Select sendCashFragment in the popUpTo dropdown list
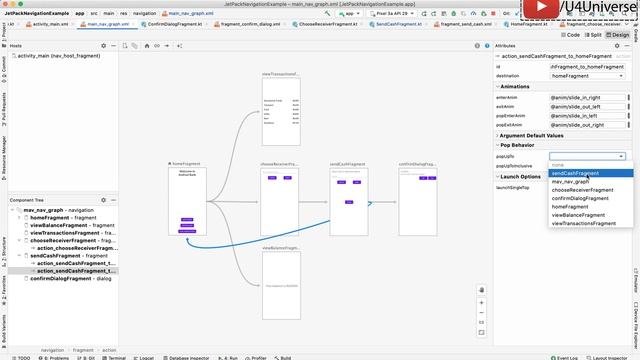575,173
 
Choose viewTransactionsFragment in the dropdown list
584,223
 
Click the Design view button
619,34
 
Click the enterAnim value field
588,97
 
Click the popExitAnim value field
588,124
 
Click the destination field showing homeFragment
588,76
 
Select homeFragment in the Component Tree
49,217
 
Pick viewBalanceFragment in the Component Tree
59,225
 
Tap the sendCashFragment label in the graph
346,164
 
